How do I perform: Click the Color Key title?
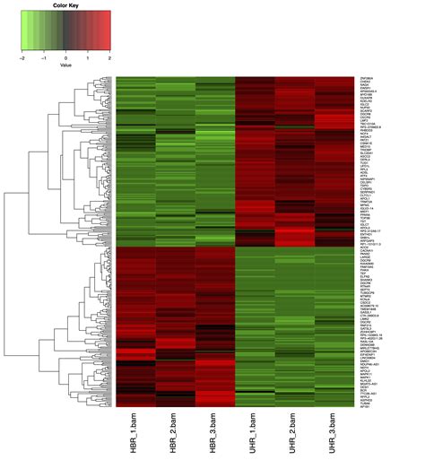65,5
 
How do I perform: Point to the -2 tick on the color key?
22,56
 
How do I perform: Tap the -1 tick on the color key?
44,56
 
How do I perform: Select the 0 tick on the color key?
66,56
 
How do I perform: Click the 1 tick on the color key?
88,56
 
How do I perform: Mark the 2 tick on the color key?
110,56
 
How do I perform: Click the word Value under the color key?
65,65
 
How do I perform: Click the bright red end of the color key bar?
107,30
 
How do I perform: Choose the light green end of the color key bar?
25,30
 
